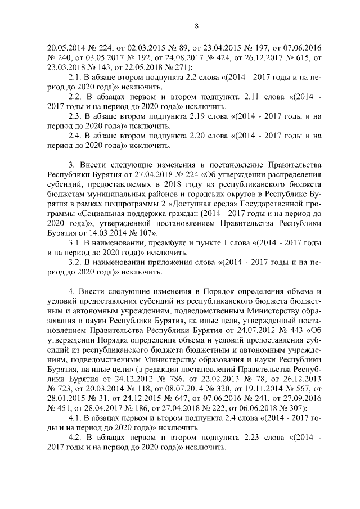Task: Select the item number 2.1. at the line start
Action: point(74,77)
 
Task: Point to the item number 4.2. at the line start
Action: point(74,438)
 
